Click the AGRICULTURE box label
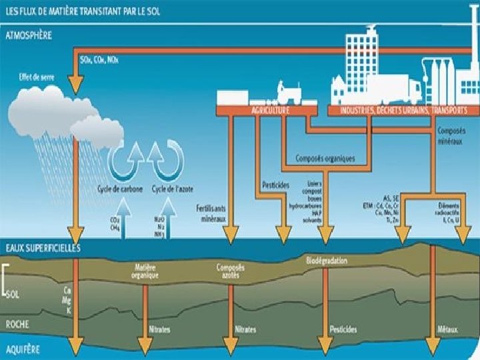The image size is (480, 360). click(x=270, y=110)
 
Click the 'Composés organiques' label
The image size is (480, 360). click(x=325, y=159)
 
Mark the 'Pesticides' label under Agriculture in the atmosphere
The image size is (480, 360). click(x=269, y=184)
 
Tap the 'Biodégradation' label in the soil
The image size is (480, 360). click(x=327, y=261)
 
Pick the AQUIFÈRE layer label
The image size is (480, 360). click(x=23, y=349)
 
